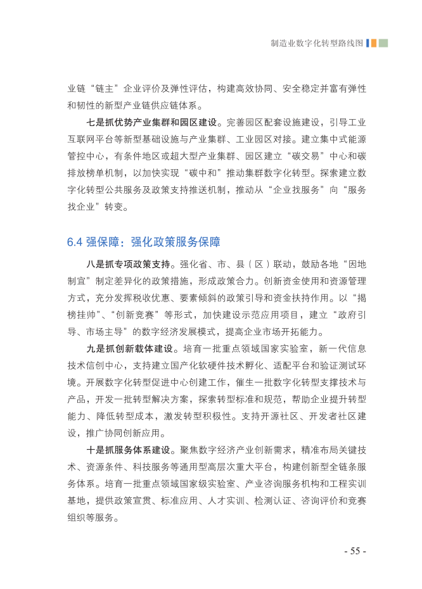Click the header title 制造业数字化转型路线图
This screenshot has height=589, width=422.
316,43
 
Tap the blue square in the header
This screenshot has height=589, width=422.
368,43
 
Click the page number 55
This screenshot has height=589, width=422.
354,551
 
